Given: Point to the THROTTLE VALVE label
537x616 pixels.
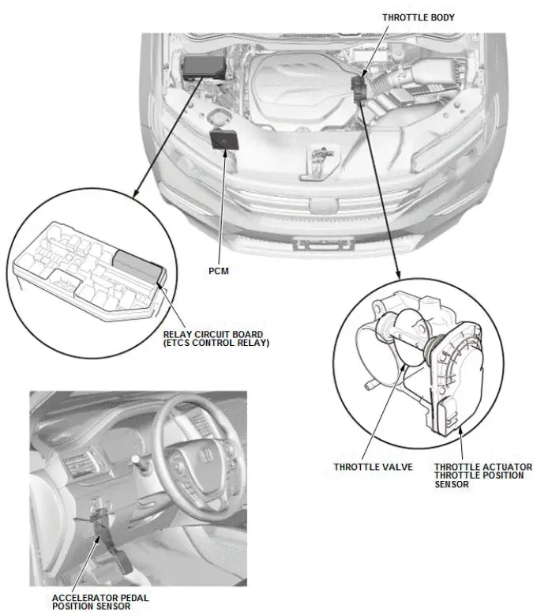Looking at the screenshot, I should pyautogui.click(x=373, y=467).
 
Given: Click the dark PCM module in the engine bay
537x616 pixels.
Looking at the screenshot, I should pyautogui.click(x=224, y=140).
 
